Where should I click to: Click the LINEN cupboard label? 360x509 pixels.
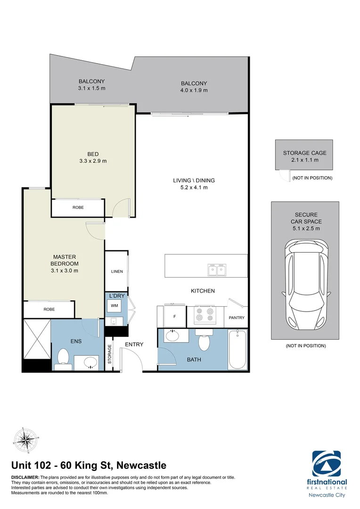click(116, 271)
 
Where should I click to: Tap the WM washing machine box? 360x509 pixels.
click(114, 306)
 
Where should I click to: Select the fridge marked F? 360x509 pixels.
click(174, 316)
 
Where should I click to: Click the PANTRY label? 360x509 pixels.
click(237, 318)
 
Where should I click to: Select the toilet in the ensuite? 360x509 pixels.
click(63, 359)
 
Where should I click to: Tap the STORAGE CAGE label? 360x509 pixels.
click(304, 153)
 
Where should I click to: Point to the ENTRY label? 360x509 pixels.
click(134, 345)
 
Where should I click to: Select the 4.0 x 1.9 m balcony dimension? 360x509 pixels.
click(194, 90)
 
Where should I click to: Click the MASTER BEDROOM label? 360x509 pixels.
click(65, 260)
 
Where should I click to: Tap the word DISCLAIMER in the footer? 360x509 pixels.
click(25, 477)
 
